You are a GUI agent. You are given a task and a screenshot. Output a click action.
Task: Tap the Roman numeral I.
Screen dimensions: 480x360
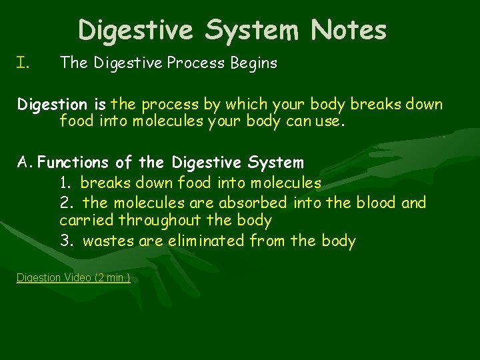click(23, 63)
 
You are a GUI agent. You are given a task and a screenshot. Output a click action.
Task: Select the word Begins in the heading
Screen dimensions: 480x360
click(253, 63)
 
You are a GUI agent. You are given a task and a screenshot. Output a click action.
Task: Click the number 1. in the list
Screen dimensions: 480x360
click(66, 183)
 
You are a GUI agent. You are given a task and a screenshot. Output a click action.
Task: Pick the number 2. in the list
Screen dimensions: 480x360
click(67, 203)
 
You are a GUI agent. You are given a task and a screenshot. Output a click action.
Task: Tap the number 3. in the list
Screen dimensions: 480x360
click(67, 241)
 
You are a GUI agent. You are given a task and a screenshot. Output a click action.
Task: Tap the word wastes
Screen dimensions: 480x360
click(109, 241)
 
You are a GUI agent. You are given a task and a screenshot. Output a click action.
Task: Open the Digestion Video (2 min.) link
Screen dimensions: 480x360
click(73, 277)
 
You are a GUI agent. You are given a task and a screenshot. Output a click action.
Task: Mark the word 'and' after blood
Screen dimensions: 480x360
click(413, 203)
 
